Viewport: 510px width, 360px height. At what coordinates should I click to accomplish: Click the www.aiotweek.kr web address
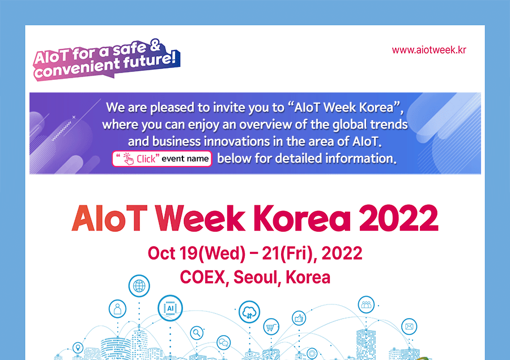coord(429,50)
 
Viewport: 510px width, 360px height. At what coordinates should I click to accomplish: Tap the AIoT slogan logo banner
coord(107,60)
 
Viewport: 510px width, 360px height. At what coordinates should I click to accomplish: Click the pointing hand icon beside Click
coord(129,159)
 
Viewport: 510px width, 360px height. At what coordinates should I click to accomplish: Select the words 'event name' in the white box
coord(185,159)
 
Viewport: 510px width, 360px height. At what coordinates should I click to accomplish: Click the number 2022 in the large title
coord(398,218)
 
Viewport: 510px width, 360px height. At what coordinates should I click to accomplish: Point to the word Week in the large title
coord(200,218)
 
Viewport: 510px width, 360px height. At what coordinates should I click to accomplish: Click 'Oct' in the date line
coord(161,253)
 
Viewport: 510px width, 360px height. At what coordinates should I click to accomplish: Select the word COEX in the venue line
coord(203,277)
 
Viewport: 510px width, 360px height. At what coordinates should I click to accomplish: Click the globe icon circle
coord(139,286)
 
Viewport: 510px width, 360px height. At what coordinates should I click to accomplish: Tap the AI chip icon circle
coord(170,308)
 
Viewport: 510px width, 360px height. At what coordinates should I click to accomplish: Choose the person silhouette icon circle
coord(117,308)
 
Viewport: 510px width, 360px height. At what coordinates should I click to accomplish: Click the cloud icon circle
coord(249,312)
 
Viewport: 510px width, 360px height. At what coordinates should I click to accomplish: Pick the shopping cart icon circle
coord(271,327)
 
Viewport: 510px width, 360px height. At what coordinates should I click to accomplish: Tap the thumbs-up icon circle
coord(299,318)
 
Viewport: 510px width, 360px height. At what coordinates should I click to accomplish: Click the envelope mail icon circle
coord(409,326)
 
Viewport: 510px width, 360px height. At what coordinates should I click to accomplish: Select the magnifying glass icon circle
coord(197,333)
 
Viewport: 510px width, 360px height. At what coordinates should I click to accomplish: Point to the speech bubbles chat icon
coord(224,342)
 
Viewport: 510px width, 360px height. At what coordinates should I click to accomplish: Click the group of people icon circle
coord(366,304)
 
